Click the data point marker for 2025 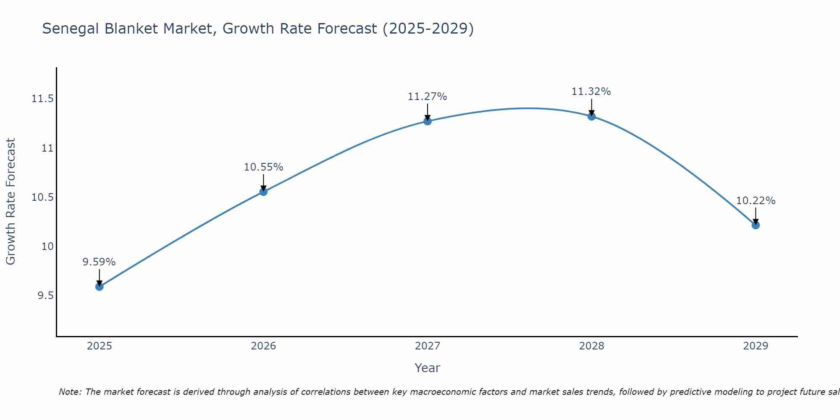click(x=99, y=287)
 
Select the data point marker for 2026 click(x=263, y=192)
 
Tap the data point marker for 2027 click(x=428, y=121)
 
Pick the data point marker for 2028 click(x=591, y=116)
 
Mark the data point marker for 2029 click(x=756, y=225)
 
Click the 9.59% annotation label click(x=99, y=262)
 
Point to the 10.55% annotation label click(x=263, y=167)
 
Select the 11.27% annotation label click(x=428, y=97)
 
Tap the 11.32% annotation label click(x=591, y=92)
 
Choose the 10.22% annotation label click(x=756, y=201)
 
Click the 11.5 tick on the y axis click(x=42, y=99)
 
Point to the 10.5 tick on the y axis click(x=42, y=197)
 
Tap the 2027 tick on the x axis click(x=428, y=346)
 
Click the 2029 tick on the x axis click(x=756, y=346)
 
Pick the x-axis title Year click(x=428, y=368)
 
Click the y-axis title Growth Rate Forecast click(x=10, y=202)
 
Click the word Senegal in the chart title click(x=71, y=29)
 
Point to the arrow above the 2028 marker click(x=591, y=107)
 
